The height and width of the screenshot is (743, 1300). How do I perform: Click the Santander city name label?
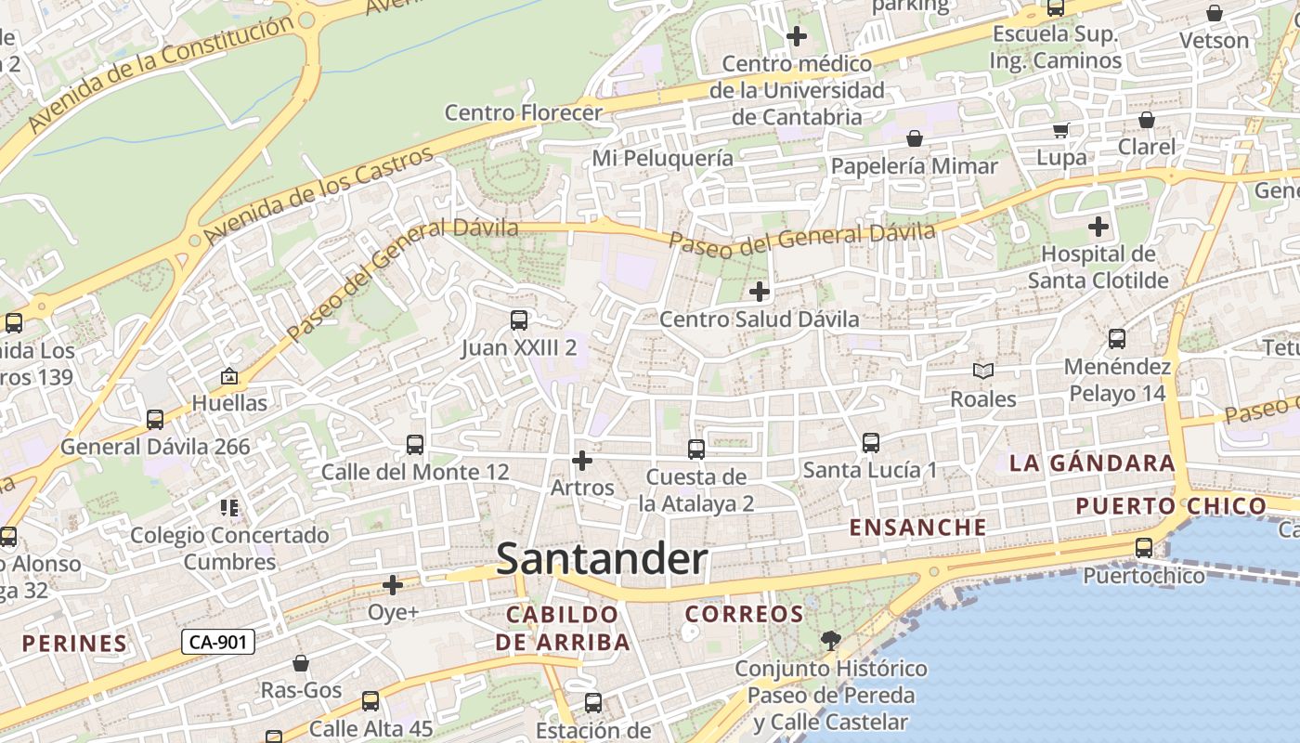[x=602, y=560]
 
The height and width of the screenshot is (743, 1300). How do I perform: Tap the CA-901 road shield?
[x=218, y=641]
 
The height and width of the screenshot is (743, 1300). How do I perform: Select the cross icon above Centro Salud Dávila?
[x=760, y=292]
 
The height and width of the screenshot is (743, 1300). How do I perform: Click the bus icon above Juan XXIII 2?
[x=519, y=320]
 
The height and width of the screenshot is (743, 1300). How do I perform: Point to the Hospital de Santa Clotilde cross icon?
[x=1098, y=226]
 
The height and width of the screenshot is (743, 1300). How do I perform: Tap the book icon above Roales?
[x=983, y=371]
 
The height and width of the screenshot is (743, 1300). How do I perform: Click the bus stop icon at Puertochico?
[x=1144, y=548]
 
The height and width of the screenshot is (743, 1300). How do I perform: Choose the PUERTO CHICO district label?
[x=1170, y=506]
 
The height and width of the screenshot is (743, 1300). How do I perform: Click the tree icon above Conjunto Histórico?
[x=830, y=640]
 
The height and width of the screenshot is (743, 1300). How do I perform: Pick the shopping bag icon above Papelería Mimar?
[x=915, y=138]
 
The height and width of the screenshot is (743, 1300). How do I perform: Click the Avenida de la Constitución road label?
[x=161, y=73]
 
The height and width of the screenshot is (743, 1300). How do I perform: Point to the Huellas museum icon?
[x=229, y=376]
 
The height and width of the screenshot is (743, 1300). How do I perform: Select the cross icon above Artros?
[x=582, y=460]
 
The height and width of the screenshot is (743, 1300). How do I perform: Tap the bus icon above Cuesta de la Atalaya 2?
[x=695, y=450]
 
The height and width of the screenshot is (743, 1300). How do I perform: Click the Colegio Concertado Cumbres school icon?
[x=229, y=507]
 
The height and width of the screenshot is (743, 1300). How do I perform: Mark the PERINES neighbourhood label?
[x=74, y=643]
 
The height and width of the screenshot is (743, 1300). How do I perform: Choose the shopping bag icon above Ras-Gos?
[x=301, y=663]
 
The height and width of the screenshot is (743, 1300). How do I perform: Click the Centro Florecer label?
[x=524, y=113]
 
